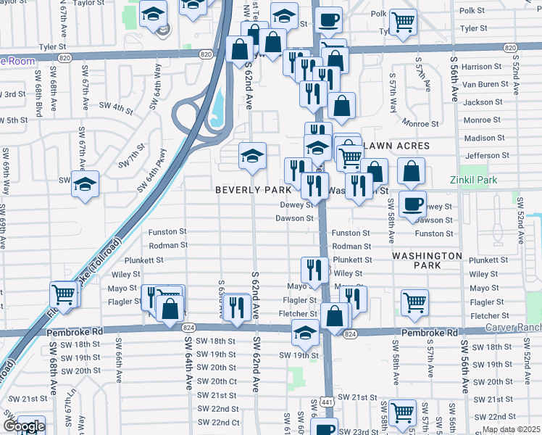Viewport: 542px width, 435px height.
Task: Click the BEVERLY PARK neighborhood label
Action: [x=253, y=189]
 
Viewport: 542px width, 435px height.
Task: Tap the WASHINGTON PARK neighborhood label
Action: [x=428, y=261]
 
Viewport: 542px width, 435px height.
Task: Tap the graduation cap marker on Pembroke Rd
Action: [x=305, y=333]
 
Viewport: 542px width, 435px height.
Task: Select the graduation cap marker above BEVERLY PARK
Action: [x=252, y=155]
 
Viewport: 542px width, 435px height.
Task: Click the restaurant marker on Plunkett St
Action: [x=312, y=270]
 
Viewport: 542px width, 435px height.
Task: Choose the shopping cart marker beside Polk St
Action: [x=403, y=21]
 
